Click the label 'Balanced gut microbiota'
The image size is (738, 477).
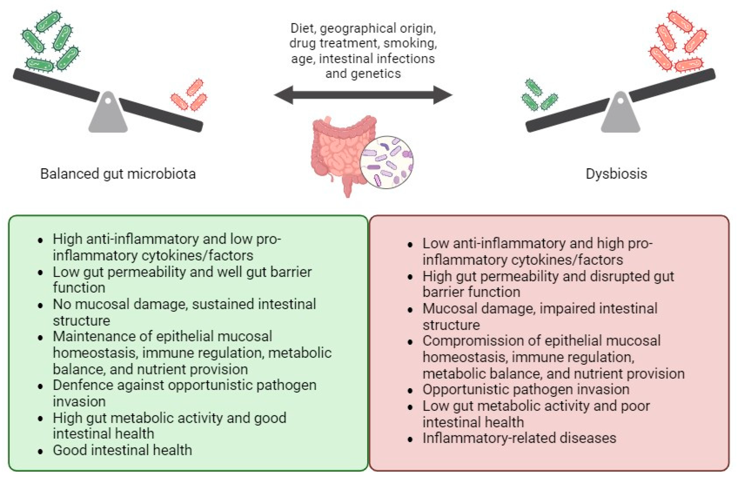click(118, 174)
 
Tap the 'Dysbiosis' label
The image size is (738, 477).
click(616, 174)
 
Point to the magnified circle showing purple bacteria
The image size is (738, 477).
click(387, 162)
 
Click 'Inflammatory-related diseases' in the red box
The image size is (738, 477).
click(519, 438)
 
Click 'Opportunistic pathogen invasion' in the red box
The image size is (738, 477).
click(526, 389)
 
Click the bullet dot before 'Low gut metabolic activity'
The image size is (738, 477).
click(410, 407)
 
